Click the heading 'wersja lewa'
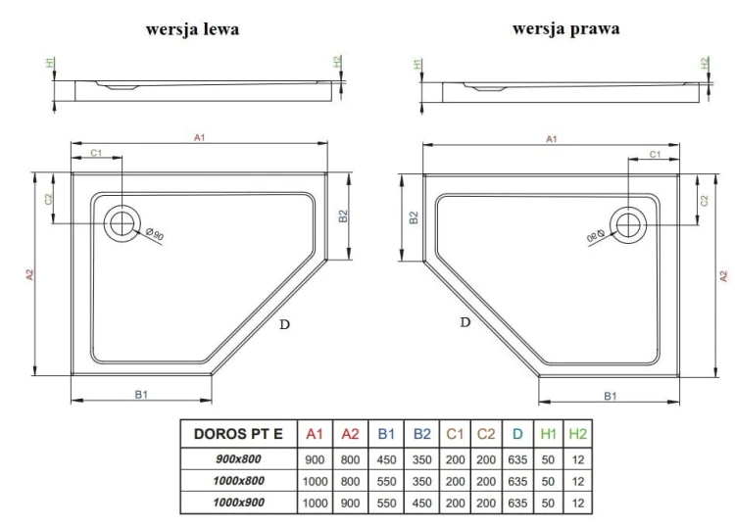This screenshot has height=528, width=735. (x=192, y=29)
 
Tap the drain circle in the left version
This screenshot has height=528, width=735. (x=123, y=222)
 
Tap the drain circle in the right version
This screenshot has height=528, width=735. (x=626, y=224)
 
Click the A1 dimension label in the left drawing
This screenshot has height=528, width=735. (x=199, y=138)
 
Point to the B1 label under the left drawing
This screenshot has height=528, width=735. (x=141, y=394)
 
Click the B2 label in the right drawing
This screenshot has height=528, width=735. (x=415, y=218)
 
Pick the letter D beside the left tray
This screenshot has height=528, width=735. (x=284, y=324)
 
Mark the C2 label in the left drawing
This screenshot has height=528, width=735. (x=48, y=199)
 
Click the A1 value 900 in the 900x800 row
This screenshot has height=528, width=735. (x=315, y=458)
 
